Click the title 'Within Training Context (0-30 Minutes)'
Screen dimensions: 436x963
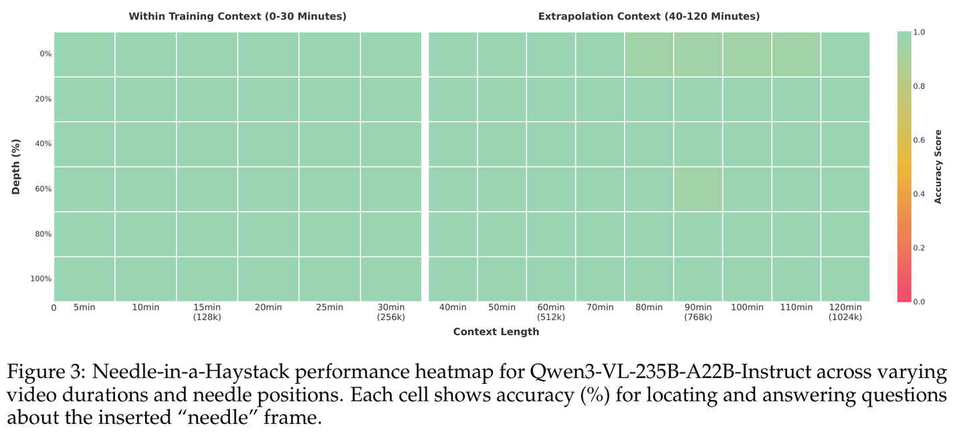click(237, 16)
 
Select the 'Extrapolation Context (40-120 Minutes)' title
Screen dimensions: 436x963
click(649, 16)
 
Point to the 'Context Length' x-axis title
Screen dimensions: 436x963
click(496, 332)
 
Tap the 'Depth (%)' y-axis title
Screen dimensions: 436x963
click(16, 167)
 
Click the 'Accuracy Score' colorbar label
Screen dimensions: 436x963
click(938, 167)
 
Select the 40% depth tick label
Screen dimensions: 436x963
click(43, 144)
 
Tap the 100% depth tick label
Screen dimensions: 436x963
click(41, 278)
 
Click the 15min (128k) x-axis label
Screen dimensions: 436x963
click(207, 312)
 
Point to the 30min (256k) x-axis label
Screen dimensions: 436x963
click(391, 312)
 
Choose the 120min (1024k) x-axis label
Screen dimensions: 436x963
click(845, 312)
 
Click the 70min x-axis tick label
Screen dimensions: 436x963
click(600, 307)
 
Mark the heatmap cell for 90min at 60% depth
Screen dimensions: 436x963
click(698, 189)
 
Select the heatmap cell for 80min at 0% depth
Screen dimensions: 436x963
click(649, 54)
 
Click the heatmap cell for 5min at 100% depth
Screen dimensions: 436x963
click(84, 278)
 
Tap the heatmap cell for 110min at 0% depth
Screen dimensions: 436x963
click(796, 54)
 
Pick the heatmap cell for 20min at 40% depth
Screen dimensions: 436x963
click(268, 144)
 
